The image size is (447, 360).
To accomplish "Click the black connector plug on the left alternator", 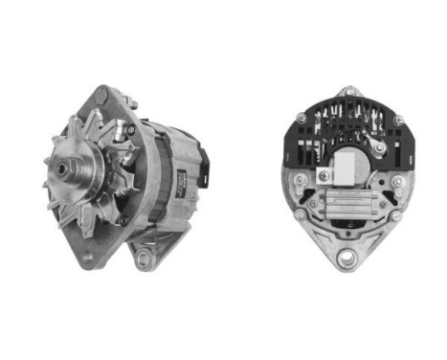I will click(x=202, y=157).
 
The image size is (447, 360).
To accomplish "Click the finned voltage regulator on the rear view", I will click(x=346, y=207).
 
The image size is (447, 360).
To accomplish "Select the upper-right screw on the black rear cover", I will click(x=396, y=119).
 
